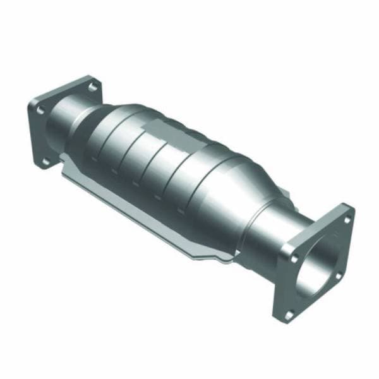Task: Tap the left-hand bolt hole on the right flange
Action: [x=295, y=257]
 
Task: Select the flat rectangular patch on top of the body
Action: [x=162, y=132]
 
